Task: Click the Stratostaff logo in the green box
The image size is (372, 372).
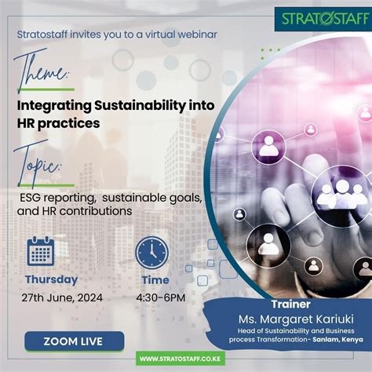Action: click(x=323, y=19)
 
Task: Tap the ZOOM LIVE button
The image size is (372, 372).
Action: click(x=75, y=341)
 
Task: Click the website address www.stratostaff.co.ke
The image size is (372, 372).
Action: click(x=181, y=359)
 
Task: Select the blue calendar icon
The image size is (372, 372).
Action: click(x=41, y=251)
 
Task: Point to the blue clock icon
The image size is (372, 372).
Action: click(x=152, y=253)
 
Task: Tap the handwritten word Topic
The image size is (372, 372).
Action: click(x=37, y=164)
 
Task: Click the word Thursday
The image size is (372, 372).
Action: click(x=52, y=279)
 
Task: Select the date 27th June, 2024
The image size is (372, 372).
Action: click(x=62, y=297)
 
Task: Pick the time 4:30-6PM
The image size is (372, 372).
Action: click(x=161, y=297)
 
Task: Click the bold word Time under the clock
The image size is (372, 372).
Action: click(x=155, y=280)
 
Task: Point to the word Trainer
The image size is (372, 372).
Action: click(x=290, y=304)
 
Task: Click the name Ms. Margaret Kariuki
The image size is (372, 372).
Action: click(x=296, y=319)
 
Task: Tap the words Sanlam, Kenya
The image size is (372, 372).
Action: click(x=337, y=339)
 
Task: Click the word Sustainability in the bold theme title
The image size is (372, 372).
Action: click(x=140, y=107)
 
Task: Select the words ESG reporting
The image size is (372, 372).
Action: click(x=57, y=198)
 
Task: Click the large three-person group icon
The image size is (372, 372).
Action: click(x=341, y=193)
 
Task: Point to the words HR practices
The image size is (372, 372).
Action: click(x=58, y=123)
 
